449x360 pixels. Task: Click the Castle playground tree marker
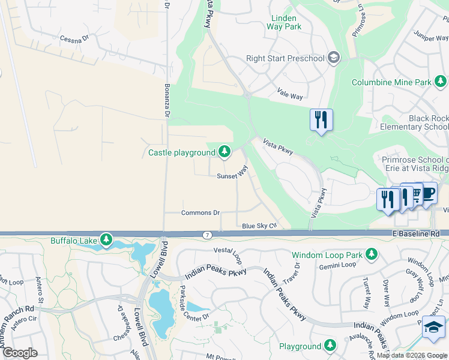tap(224, 152)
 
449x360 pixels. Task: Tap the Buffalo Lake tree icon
tap(106, 240)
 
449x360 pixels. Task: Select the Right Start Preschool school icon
tap(334, 58)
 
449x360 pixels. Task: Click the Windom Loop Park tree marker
tap(372, 254)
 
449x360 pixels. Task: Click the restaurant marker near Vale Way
tap(321, 119)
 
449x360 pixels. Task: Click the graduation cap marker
tap(433, 327)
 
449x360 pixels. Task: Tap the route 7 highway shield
tap(206, 234)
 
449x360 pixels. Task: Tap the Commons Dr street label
tap(201, 212)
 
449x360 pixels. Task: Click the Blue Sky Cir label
tap(259, 226)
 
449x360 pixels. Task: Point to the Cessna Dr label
tap(74, 38)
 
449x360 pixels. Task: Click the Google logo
tap(20, 352)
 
